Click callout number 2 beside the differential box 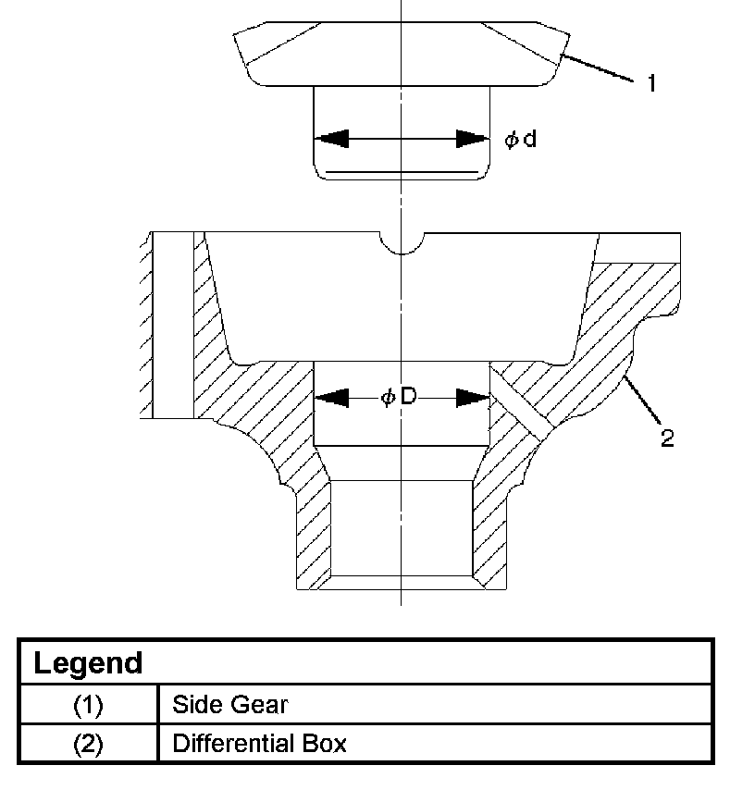click(x=666, y=437)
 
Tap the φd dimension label click(x=520, y=140)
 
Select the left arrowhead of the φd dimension click(x=330, y=139)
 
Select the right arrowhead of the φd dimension click(x=472, y=139)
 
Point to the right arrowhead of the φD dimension click(x=472, y=398)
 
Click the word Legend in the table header click(x=89, y=663)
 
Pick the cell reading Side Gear click(x=229, y=705)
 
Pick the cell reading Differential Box click(x=259, y=743)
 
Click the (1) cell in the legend click(x=88, y=705)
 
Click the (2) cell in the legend click(x=88, y=743)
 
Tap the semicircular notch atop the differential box click(x=402, y=242)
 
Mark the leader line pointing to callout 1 click(x=599, y=69)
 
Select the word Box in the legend click(x=326, y=743)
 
